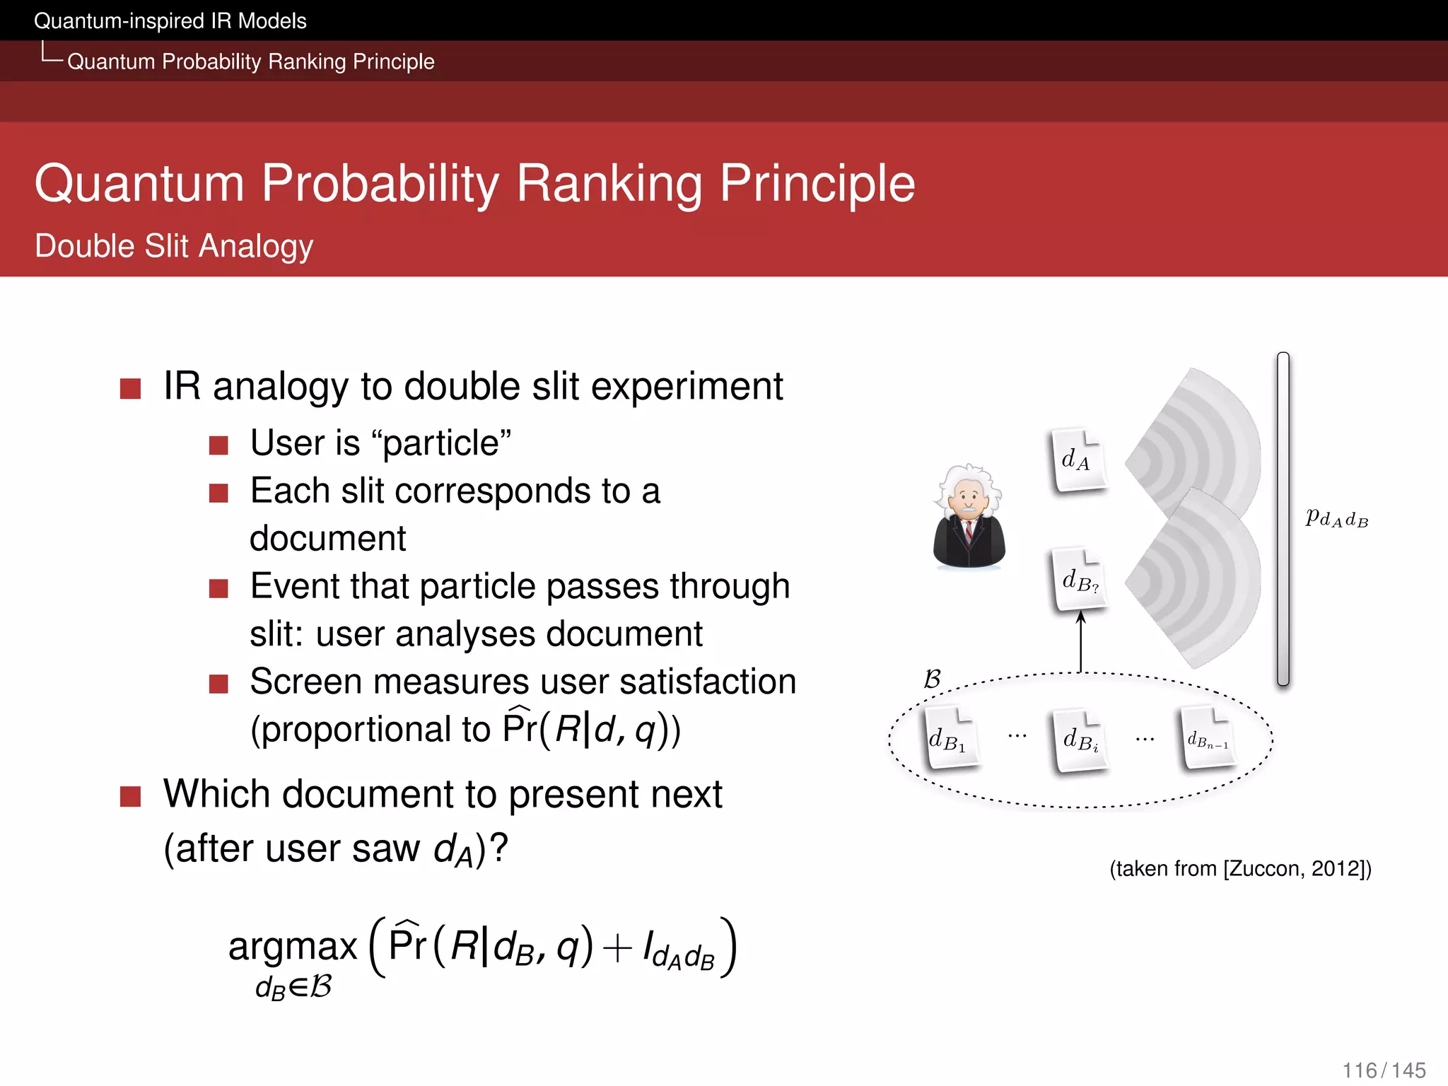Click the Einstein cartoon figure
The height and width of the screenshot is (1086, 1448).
point(969,518)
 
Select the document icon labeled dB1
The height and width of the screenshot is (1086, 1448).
point(950,738)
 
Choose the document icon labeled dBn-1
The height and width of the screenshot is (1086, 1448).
point(1208,740)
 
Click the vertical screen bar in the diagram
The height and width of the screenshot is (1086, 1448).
point(1283,520)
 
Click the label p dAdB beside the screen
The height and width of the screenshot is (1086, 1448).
point(1336,518)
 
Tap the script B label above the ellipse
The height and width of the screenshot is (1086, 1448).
point(932,679)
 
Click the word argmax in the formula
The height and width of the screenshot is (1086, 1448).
point(293,946)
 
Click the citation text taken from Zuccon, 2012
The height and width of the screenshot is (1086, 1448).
point(1240,868)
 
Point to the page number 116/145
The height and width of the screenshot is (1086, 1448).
point(1384,1070)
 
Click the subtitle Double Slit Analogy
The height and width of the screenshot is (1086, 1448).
point(174,246)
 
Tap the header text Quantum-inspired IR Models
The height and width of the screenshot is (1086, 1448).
point(170,21)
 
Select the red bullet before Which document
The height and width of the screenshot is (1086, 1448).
point(131,796)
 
